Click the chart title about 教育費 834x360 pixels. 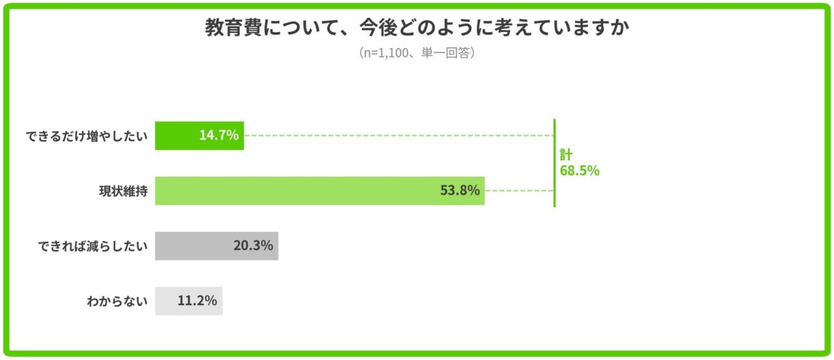[417, 28]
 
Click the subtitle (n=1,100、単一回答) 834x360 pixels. [417, 53]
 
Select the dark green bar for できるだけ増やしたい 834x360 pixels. [174, 136]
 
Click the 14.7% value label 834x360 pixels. [219, 136]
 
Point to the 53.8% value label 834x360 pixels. [460, 190]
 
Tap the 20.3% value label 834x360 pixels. [253, 246]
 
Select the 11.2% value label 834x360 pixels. [197, 301]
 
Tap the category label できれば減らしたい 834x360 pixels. [92, 246]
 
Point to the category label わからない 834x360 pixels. [117, 301]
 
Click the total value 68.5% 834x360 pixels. [579, 171]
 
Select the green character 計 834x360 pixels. [566, 155]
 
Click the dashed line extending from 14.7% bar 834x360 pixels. [396, 136]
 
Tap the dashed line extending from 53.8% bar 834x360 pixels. [518, 190]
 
